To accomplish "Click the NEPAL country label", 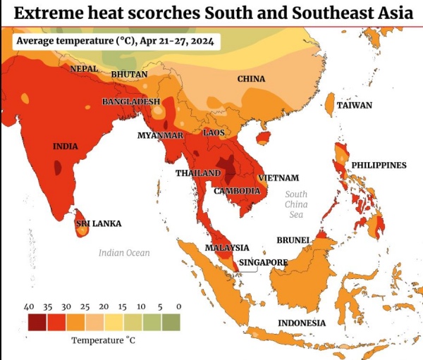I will click(x=83, y=69).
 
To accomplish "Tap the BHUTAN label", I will click(x=129, y=74).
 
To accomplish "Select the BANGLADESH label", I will click(x=131, y=102).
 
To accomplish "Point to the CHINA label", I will click(x=251, y=79).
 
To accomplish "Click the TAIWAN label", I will click(x=354, y=105).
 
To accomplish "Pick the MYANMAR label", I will click(x=160, y=135).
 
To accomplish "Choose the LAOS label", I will click(x=214, y=132).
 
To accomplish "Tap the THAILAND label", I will click(x=198, y=173).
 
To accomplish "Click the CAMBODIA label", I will click(x=238, y=191).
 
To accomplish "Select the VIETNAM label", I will click(x=278, y=178).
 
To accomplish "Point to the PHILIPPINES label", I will click(x=379, y=165).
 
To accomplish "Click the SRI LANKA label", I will click(x=99, y=223).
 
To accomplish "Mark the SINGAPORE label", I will click(x=264, y=263).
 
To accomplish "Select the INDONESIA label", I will click(x=302, y=323).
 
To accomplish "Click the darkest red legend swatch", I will click(x=37, y=323).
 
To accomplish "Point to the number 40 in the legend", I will click(x=30, y=306).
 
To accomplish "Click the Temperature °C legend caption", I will click(x=103, y=340).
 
